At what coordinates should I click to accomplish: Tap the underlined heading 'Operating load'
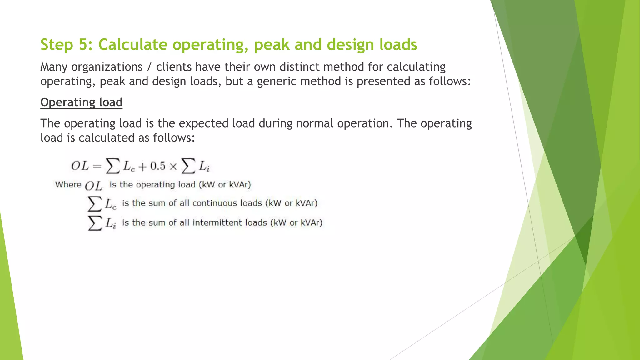coord(81,102)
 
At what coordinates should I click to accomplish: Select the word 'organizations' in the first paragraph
coord(107,67)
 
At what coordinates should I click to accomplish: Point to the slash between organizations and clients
coord(149,67)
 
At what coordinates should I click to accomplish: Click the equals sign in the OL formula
coord(97,166)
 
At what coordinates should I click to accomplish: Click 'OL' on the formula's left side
coord(80,166)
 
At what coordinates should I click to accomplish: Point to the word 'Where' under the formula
coord(68,185)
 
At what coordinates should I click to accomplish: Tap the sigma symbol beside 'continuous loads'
coord(94,204)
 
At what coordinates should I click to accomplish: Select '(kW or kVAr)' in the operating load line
coord(225,185)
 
